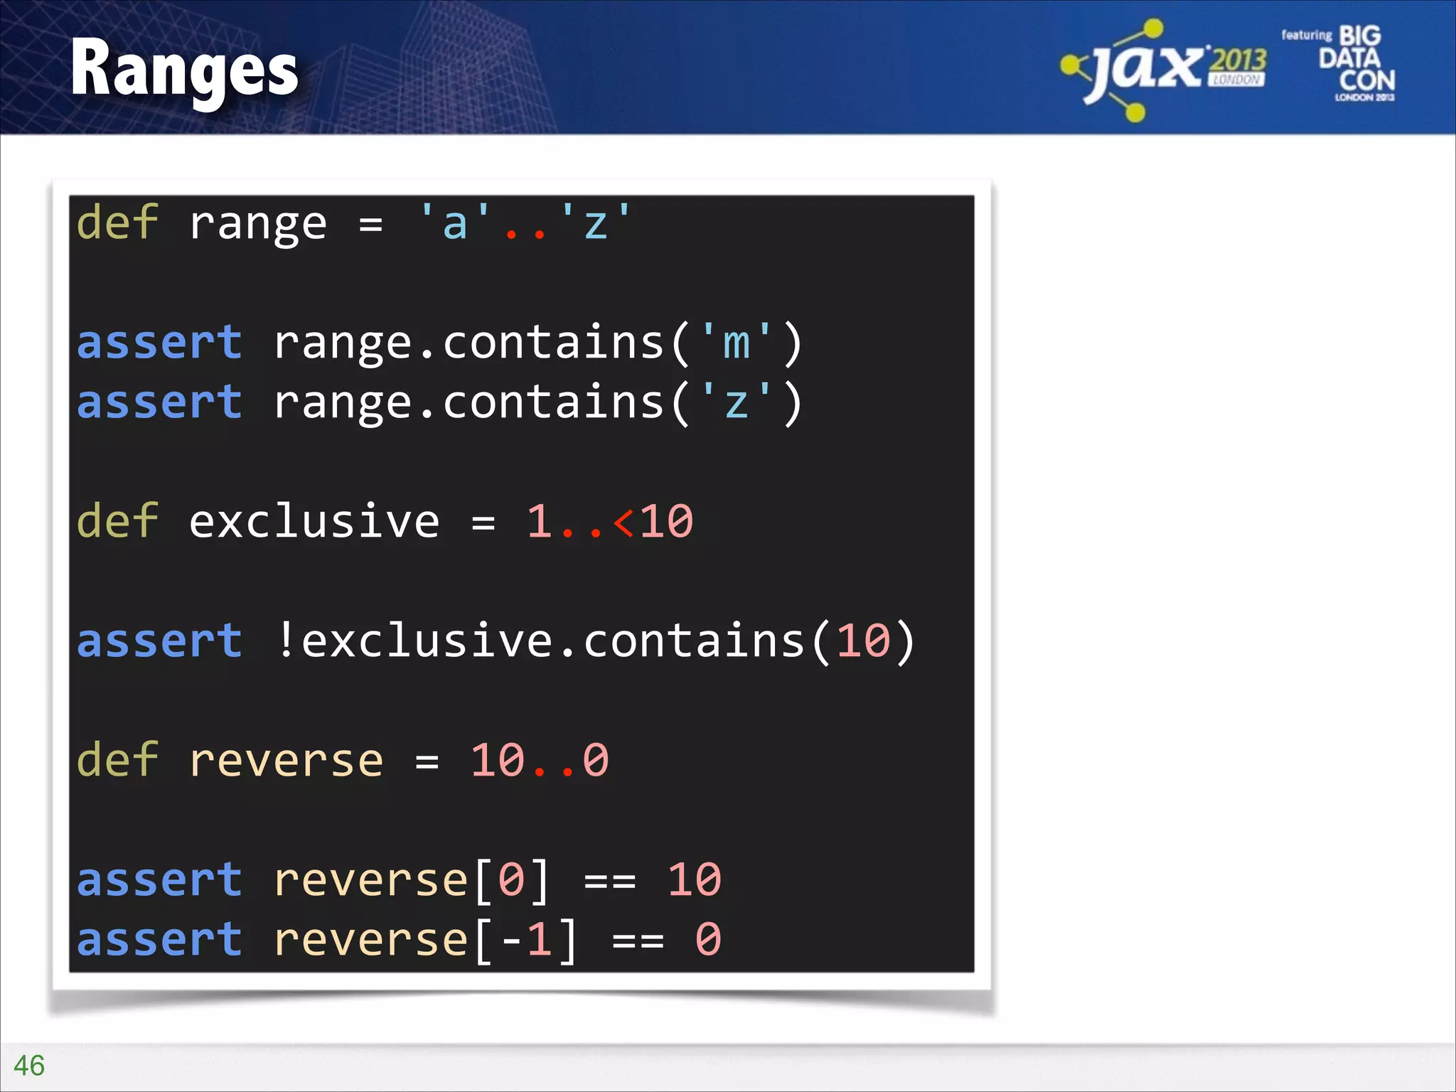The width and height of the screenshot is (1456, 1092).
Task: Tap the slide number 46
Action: [29, 1066]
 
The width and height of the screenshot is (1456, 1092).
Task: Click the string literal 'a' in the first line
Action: [455, 223]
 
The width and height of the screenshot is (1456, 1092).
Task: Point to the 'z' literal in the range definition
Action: [596, 223]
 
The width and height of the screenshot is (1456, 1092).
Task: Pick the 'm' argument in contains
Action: [736, 343]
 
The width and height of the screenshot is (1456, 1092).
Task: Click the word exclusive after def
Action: [314, 522]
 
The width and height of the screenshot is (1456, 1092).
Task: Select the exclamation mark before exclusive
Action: [286, 640]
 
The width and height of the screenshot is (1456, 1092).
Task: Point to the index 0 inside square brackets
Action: [511, 880]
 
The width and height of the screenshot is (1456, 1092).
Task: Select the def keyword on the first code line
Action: [117, 223]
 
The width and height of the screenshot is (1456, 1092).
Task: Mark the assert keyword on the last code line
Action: [159, 940]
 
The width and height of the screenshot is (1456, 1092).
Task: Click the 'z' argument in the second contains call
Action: [736, 402]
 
